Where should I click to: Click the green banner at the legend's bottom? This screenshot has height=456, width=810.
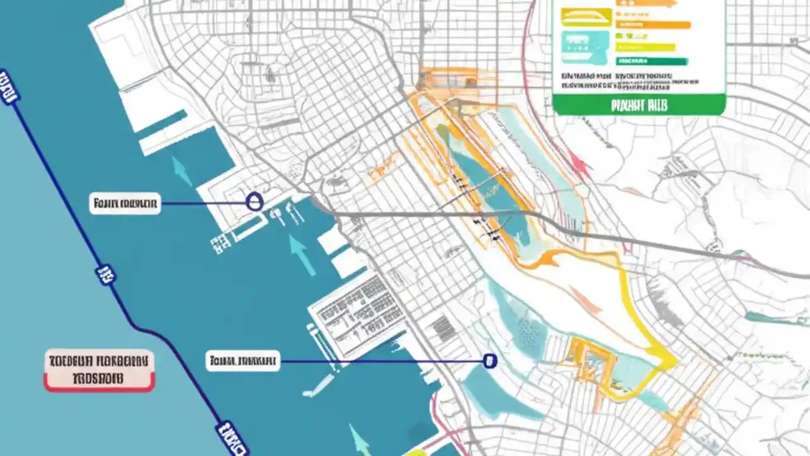pos(639,105)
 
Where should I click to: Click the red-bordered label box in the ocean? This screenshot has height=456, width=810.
pos(99,370)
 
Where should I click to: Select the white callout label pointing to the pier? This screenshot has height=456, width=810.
pos(125,204)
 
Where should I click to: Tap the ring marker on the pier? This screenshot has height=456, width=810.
pos(254,203)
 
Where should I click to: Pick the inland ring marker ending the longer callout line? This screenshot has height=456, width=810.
pos(489,361)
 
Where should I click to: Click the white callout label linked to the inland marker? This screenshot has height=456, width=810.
pos(243,362)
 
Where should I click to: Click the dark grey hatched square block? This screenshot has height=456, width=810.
pos(443,329)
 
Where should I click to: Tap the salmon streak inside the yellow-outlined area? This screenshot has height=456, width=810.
pos(585,299)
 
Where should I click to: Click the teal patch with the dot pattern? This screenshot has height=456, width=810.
pos(525,329)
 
